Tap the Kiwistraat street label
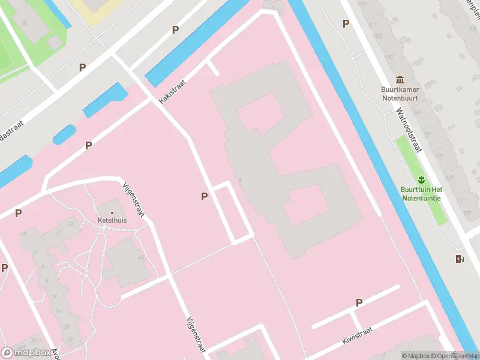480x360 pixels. point(358,335)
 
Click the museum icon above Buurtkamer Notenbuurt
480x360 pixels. point(400,80)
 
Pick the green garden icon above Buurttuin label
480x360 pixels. point(421,179)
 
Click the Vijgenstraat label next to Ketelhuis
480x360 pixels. point(134,203)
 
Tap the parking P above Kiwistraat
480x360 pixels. point(359,302)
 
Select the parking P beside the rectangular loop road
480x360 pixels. point(205,196)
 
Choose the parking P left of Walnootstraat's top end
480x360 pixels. point(346,23)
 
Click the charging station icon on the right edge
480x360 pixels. point(460,259)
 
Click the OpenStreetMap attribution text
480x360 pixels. point(454,356)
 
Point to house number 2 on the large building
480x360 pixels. point(239,179)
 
